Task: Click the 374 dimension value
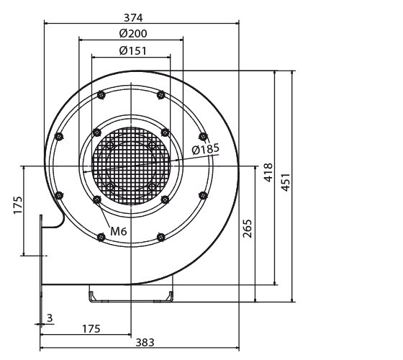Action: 130,17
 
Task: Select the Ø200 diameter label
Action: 130,33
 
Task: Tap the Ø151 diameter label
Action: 130,50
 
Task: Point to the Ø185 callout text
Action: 205,149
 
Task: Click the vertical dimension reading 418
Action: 268,174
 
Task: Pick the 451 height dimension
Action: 286,184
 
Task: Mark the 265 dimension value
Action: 248,230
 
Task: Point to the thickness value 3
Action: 49,317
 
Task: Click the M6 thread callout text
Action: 119,232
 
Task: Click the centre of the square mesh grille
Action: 130,166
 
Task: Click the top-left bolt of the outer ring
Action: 100,94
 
